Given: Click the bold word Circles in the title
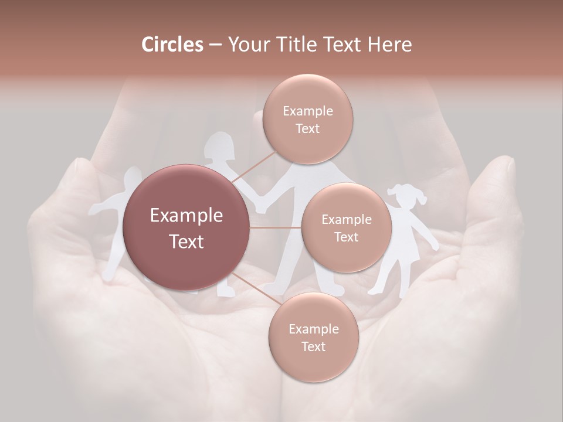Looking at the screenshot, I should [x=172, y=45].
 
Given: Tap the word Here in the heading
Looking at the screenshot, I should [x=389, y=45].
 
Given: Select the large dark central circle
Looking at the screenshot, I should [x=186, y=227].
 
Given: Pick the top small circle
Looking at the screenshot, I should [x=307, y=119].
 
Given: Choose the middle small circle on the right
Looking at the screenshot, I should [x=346, y=227].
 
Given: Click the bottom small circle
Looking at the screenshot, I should [x=313, y=337].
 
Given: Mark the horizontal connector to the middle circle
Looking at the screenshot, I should [x=276, y=227].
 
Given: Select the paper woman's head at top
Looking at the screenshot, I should [x=219, y=147].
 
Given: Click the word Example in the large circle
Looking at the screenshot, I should [x=186, y=216].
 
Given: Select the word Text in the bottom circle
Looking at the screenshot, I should [x=313, y=346].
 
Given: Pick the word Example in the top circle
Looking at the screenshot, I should [x=307, y=111].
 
